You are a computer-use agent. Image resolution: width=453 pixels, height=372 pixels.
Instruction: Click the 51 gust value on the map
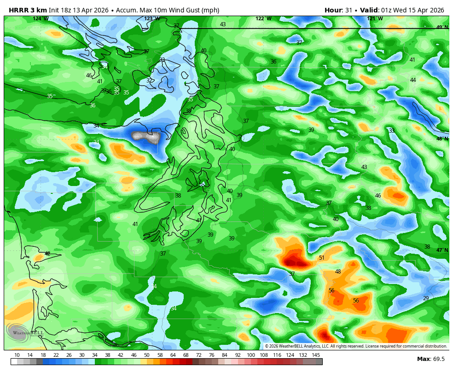click(321, 258)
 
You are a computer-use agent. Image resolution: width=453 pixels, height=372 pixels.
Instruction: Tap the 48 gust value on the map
click(338, 272)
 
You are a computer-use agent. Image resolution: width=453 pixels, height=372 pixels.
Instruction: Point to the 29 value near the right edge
click(426, 298)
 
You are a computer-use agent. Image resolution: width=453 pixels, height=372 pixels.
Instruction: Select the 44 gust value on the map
click(413, 80)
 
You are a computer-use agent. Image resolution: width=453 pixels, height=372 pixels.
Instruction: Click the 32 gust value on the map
click(149, 81)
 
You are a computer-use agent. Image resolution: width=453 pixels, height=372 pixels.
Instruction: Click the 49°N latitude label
click(442, 28)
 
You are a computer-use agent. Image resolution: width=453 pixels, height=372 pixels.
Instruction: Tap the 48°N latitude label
click(442, 139)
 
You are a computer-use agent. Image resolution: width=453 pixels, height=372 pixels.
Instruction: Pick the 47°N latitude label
click(442, 250)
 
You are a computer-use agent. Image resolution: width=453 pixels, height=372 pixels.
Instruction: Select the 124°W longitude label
click(41, 19)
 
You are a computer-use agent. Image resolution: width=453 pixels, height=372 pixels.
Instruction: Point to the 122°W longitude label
click(263, 19)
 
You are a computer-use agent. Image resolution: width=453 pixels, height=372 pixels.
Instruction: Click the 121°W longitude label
click(375, 19)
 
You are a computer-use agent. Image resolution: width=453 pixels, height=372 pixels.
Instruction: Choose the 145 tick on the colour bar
click(316, 355)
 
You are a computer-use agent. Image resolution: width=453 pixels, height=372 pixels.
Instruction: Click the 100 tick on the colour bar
click(251, 355)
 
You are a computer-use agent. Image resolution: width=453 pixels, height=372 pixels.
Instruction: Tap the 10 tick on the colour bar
click(17, 355)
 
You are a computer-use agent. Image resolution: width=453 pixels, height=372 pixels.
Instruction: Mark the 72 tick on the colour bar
click(199, 355)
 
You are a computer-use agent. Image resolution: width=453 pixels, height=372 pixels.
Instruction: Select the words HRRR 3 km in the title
click(27, 10)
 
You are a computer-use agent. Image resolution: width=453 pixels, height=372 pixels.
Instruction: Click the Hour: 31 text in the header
click(338, 10)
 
